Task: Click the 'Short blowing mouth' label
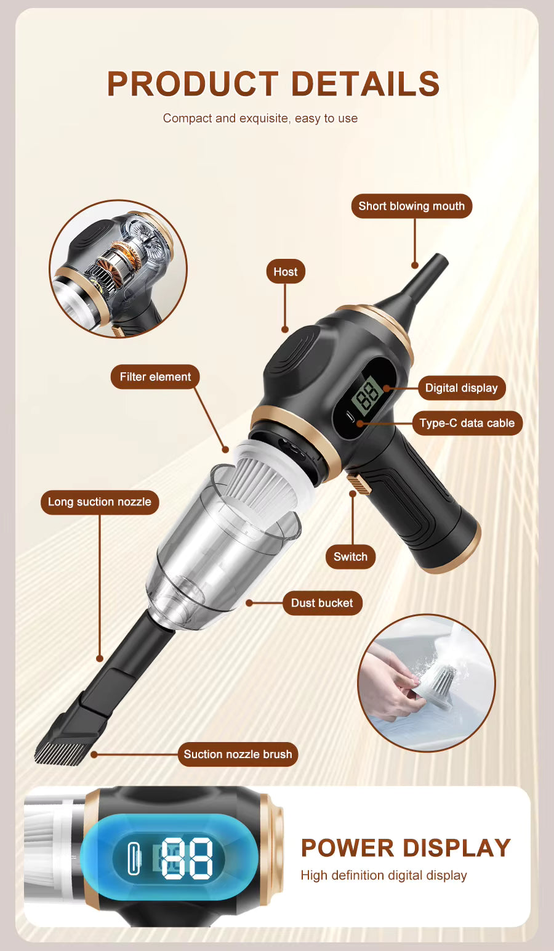(411, 206)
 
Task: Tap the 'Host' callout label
(285, 272)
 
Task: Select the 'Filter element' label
(155, 377)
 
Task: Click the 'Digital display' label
(461, 388)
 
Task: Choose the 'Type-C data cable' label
(467, 423)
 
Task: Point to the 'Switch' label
(350, 557)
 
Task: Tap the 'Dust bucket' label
(322, 603)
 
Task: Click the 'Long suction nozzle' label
(100, 502)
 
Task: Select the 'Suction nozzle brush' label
(238, 754)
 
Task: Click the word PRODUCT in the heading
(193, 84)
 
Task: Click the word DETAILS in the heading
(365, 84)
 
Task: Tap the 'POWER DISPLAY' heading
(406, 848)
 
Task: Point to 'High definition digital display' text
(383, 875)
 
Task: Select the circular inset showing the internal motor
(118, 269)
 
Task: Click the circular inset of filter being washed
(426, 683)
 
